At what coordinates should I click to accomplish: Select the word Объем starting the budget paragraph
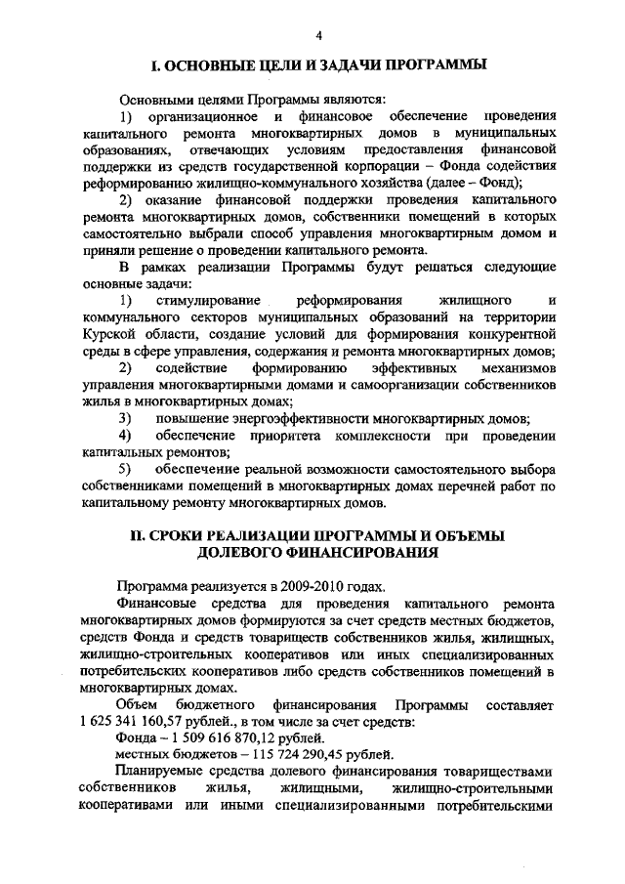(137, 704)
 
